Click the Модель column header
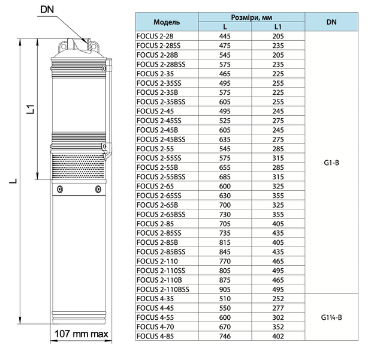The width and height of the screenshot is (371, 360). click(x=167, y=22)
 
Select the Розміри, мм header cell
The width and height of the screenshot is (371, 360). click(x=251, y=17)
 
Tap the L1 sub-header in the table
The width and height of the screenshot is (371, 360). click(x=278, y=27)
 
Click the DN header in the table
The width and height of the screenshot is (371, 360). click(x=331, y=22)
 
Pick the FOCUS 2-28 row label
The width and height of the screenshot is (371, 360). click(x=155, y=36)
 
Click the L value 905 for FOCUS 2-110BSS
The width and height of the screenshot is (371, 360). click(x=225, y=289)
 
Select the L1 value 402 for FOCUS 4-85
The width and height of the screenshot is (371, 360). click(x=278, y=337)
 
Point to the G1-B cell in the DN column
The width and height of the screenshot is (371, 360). click(x=331, y=163)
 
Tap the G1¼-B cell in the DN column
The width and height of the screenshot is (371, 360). click(x=331, y=317)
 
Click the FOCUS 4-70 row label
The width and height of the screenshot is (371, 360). click(x=155, y=327)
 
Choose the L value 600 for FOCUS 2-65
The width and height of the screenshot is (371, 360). click(x=225, y=186)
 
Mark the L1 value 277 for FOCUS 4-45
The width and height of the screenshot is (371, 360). click(x=278, y=308)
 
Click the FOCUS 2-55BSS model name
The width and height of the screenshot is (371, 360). click(x=161, y=177)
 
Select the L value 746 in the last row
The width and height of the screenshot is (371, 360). click(x=225, y=337)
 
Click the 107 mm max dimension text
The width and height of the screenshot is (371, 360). click(x=81, y=334)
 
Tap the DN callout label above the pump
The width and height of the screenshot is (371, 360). click(x=47, y=10)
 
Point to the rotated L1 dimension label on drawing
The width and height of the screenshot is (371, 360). click(x=31, y=109)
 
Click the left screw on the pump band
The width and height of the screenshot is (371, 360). click(x=60, y=189)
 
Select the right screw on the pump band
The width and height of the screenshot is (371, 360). click(x=98, y=189)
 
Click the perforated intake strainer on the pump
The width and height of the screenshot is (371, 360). click(x=79, y=167)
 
